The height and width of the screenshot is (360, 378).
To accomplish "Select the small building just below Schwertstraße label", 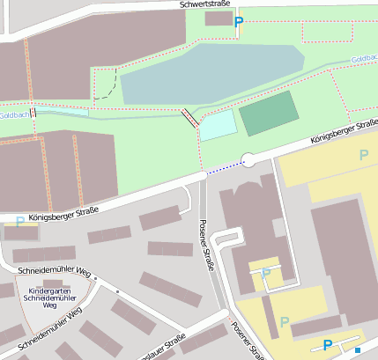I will [x=218, y=18].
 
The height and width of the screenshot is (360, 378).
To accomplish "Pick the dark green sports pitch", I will [x=270, y=113].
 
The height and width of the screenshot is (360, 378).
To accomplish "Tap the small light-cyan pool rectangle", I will [x=219, y=125].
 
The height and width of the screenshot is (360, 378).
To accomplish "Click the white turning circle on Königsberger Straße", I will [x=248, y=160].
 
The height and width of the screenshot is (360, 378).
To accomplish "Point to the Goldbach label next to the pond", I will [x=363, y=59].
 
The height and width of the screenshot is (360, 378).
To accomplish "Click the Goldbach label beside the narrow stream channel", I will [x=14, y=115].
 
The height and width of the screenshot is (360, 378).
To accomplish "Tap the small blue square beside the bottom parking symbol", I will [x=358, y=350].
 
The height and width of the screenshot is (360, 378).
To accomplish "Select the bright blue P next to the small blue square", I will [x=328, y=346].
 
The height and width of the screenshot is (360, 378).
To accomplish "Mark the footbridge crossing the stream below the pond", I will [x=189, y=119].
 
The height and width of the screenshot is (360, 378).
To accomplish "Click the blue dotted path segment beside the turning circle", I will [x=224, y=165].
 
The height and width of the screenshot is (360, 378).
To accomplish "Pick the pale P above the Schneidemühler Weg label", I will [x=20, y=221].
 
